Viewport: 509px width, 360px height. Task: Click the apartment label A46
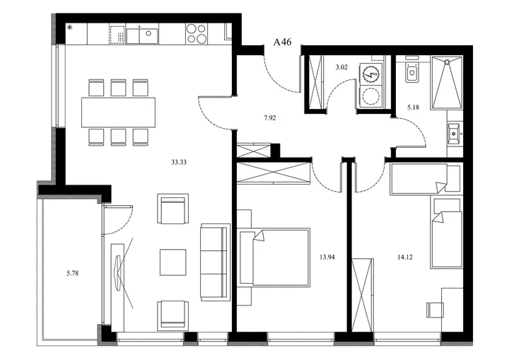point(282,42)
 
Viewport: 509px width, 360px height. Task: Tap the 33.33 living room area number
point(179,162)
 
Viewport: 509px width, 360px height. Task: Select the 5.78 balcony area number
point(73,273)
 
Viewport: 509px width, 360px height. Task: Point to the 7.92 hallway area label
point(270,118)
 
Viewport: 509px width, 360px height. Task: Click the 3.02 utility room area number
point(342,68)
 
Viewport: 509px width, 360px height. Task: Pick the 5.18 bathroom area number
point(414,108)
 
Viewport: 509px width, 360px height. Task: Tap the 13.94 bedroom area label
point(327,257)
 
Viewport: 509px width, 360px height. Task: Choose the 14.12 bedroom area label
point(405,257)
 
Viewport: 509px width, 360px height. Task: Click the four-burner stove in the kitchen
point(197,34)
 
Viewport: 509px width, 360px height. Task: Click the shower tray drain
point(447,61)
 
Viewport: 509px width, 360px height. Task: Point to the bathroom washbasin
point(454,133)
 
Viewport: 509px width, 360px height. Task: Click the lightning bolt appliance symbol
point(370,75)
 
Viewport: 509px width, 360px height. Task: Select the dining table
point(118,112)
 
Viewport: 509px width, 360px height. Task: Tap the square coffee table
point(173,262)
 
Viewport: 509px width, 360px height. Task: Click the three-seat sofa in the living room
point(213,262)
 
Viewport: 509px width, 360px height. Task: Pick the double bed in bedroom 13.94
point(274,257)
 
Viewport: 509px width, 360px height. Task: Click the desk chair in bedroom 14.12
point(435,309)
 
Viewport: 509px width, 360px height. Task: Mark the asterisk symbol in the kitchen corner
point(69,28)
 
